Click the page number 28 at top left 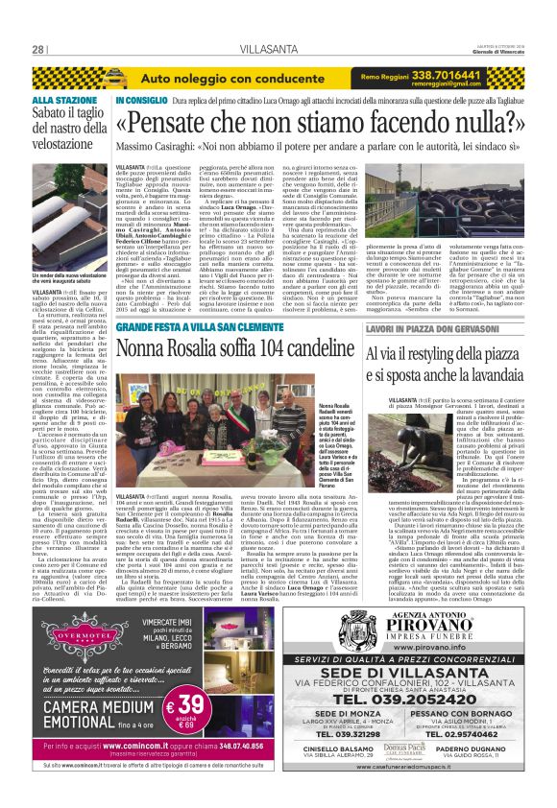38,49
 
